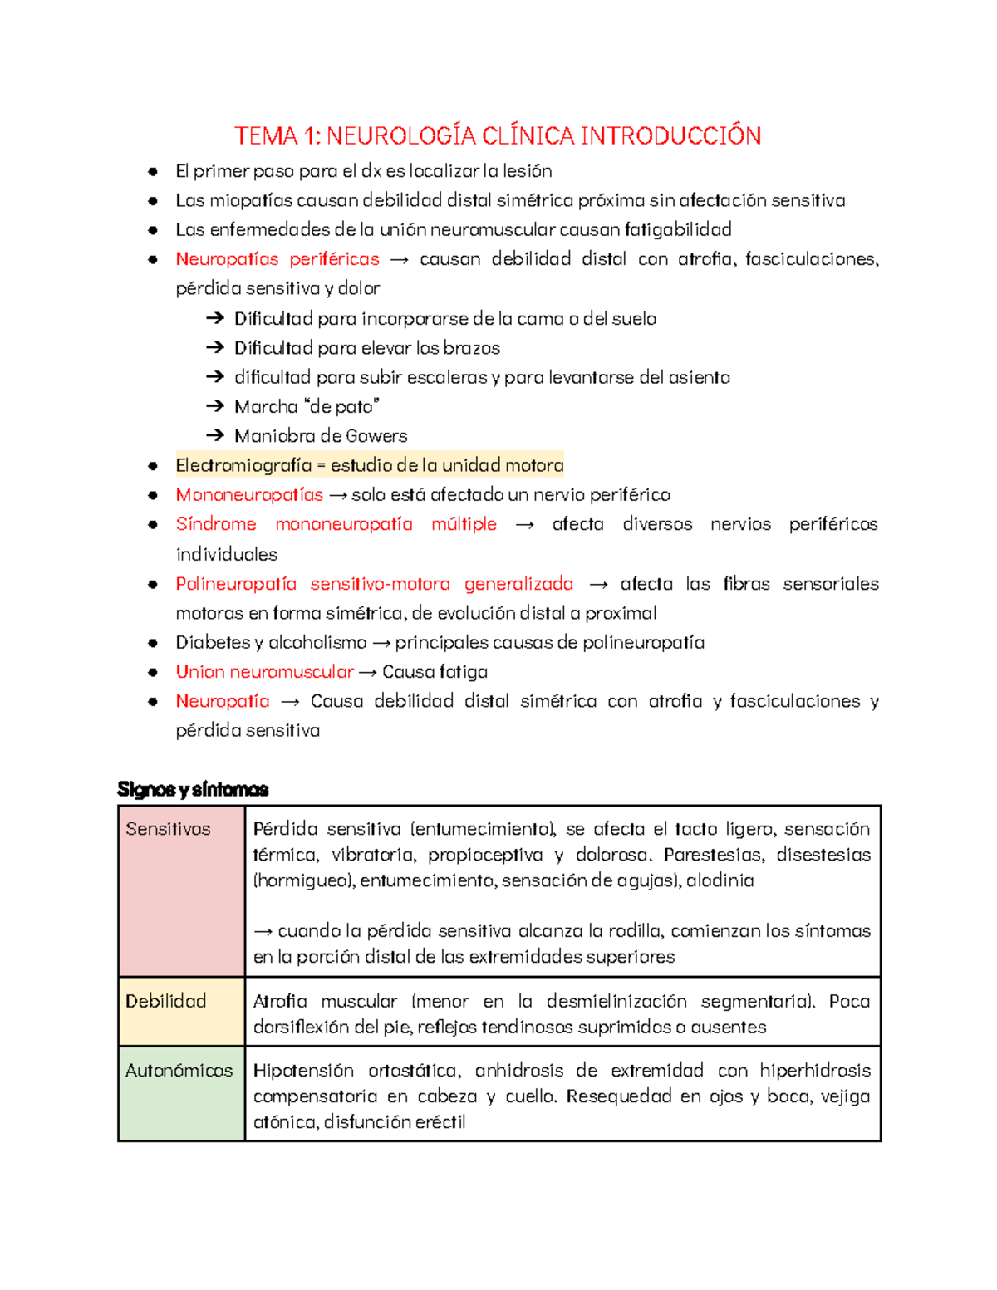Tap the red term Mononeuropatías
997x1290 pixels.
[249, 495]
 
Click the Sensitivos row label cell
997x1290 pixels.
[181, 890]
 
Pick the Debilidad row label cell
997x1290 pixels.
[181, 1011]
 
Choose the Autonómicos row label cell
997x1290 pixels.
[181, 1093]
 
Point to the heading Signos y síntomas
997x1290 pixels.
[193, 789]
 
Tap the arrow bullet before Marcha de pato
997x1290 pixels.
[215, 406]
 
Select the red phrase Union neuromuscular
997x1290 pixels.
[264, 672]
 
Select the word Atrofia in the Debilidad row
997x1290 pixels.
[280, 1002]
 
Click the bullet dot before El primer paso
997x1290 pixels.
[153, 172]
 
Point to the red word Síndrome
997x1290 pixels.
[216, 524]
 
